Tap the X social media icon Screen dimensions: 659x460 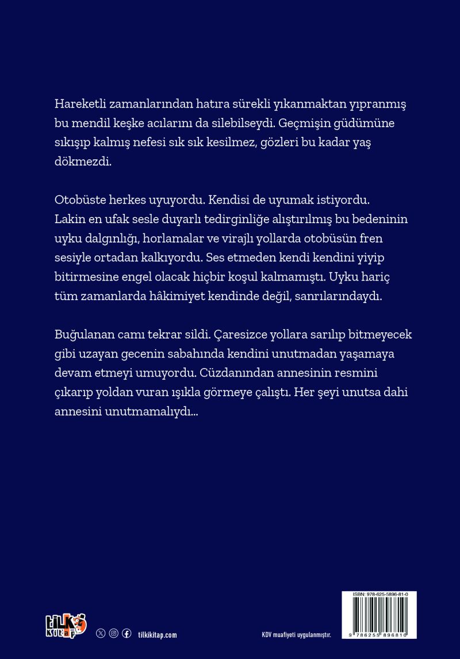pos(101,633)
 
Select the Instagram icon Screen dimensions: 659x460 pos(114,633)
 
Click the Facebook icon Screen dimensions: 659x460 pos(126,633)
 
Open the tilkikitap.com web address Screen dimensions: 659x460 pos(158,634)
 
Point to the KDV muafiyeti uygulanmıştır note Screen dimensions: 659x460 pos(297,635)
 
